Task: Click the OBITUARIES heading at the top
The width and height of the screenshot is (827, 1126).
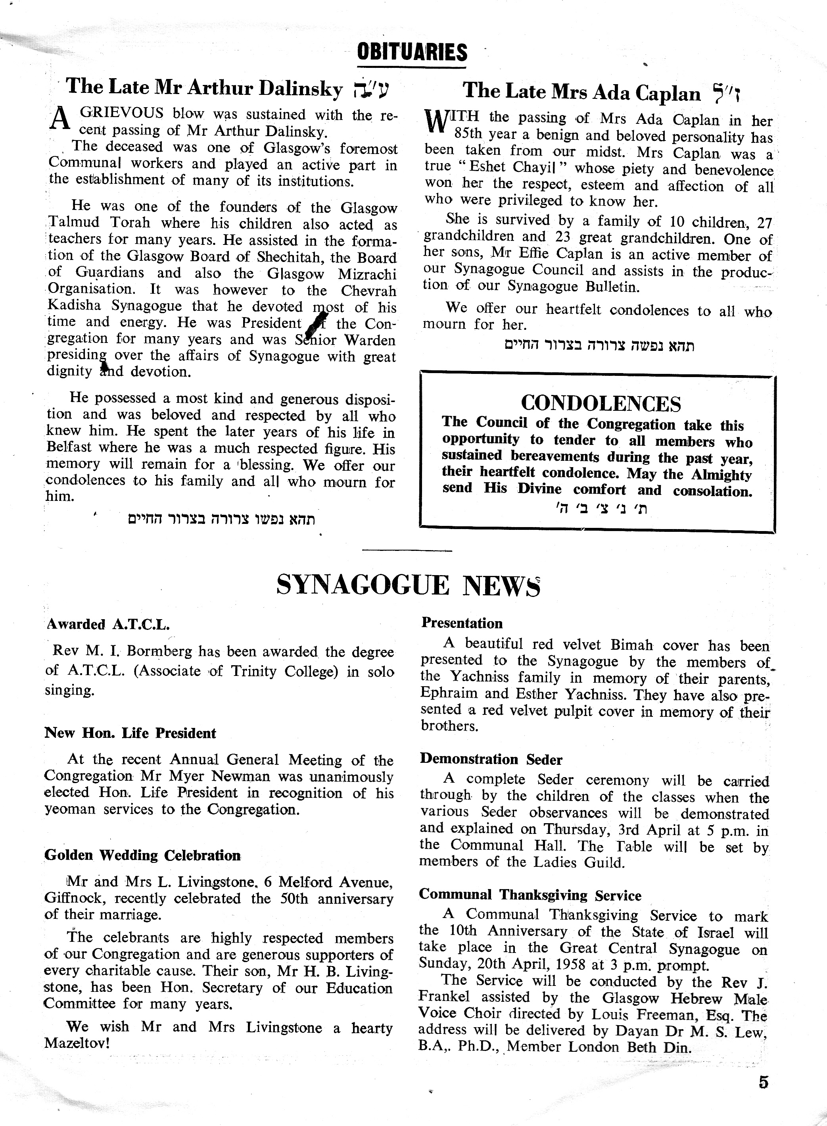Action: (x=412, y=52)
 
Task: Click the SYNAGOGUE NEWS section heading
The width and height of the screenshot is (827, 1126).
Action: (x=408, y=585)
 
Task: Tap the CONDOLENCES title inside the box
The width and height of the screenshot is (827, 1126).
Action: (x=601, y=403)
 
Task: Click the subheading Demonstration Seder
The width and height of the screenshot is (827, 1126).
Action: (x=491, y=759)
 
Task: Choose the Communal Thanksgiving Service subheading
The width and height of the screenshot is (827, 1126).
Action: (x=530, y=895)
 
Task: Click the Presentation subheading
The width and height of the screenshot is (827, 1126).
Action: (x=462, y=623)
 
